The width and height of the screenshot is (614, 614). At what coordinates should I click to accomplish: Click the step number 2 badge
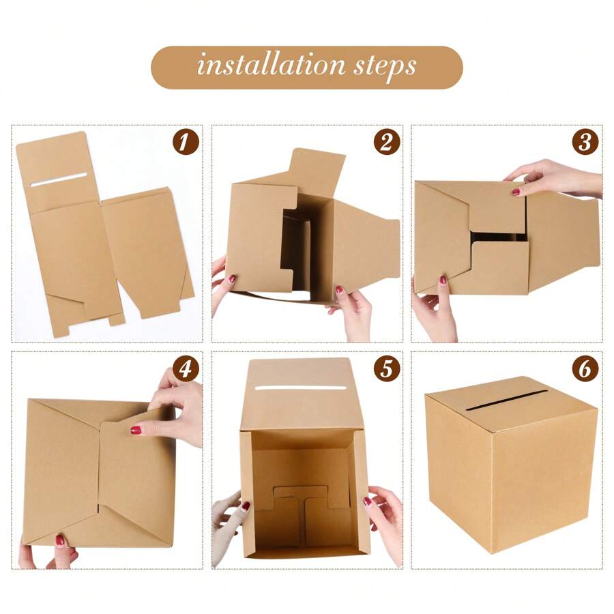(x=386, y=143)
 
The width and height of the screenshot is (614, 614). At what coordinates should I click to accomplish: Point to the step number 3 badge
(x=585, y=143)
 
